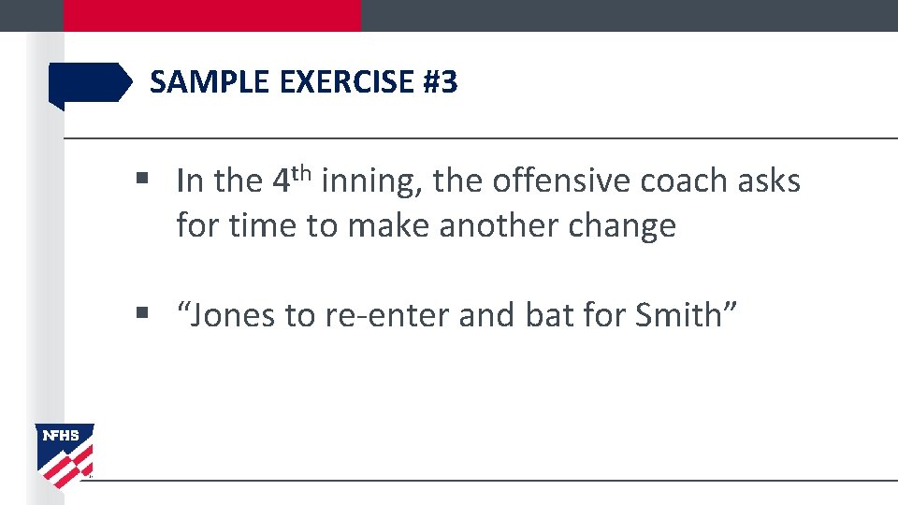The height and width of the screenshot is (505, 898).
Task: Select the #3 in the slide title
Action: (x=441, y=83)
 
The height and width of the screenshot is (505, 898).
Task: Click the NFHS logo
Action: (x=65, y=454)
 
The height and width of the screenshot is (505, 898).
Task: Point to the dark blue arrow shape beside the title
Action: (x=90, y=83)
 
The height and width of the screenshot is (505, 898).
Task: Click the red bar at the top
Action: (x=211, y=15)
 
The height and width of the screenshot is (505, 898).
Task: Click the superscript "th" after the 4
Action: (x=299, y=172)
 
